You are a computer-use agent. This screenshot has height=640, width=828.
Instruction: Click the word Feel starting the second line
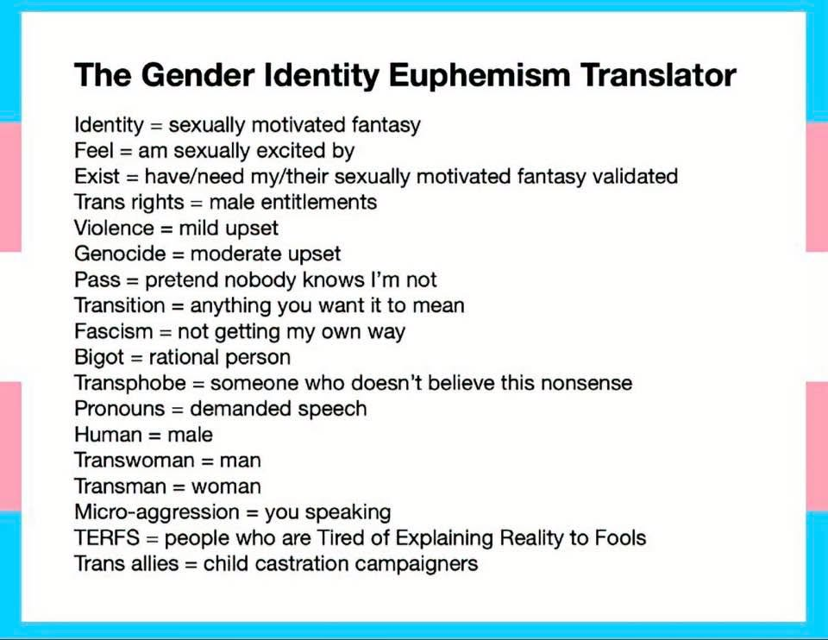(x=94, y=151)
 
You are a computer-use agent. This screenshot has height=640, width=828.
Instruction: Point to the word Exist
(x=97, y=177)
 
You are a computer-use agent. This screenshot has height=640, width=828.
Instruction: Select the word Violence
(x=114, y=228)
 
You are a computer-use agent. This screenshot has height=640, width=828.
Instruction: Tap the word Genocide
(x=120, y=254)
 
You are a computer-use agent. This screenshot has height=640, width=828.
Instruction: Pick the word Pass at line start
(x=97, y=279)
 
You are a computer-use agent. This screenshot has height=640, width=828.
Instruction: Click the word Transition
(x=119, y=305)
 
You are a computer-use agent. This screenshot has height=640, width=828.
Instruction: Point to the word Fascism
(x=113, y=331)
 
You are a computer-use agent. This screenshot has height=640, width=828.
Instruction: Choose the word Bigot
(x=98, y=357)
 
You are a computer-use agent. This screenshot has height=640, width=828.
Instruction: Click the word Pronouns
(x=119, y=409)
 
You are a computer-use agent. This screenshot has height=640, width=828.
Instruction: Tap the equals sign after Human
(x=154, y=436)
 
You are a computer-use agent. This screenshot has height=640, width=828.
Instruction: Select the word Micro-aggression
(x=157, y=512)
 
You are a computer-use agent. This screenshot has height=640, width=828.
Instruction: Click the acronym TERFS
(x=107, y=538)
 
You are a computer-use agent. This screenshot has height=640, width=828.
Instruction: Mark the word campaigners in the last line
(x=417, y=564)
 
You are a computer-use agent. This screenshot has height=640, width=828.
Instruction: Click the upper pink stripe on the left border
(x=10, y=187)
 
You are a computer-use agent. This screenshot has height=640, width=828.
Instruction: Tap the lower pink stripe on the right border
(x=817, y=446)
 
